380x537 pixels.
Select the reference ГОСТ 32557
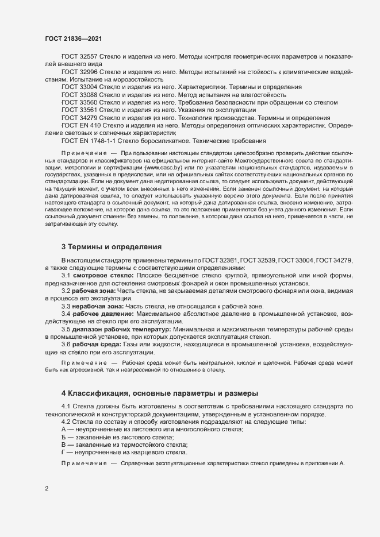pyautogui.click(x=80, y=57)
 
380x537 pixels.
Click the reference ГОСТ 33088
pyautogui.click(x=80, y=94)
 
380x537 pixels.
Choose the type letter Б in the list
pyautogui.click(x=64, y=438)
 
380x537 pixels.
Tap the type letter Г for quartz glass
pyautogui.click(x=63, y=452)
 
